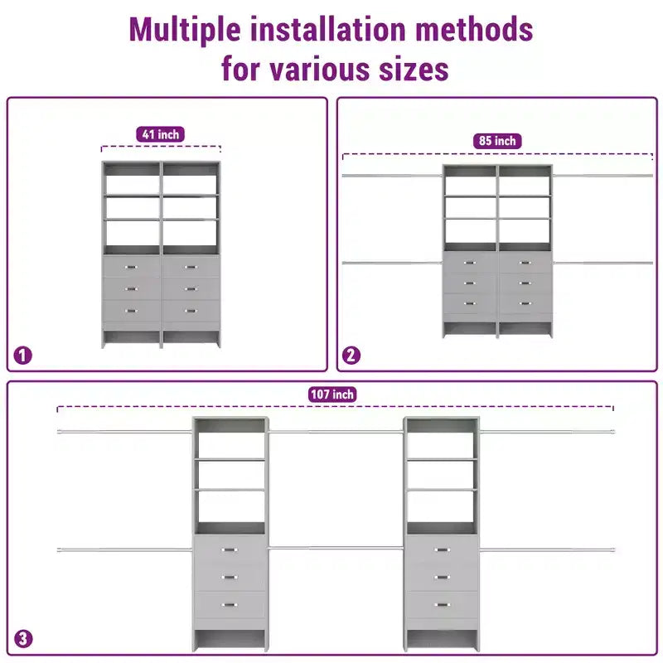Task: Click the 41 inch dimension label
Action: tap(160, 134)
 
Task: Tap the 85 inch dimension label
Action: tap(497, 141)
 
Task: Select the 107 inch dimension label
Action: tap(332, 394)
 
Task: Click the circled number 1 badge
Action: tap(23, 356)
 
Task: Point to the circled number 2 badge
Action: tap(351, 356)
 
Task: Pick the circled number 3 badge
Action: tap(23, 638)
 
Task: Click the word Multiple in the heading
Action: tap(185, 31)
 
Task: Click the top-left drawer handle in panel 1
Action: tap(131, 267)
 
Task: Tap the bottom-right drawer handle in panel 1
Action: tap(191, 312)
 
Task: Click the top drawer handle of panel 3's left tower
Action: tap(230, 549)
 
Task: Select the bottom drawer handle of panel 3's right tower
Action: tap(442, 605)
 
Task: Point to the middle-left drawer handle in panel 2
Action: tap(469, 283)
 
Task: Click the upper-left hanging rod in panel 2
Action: tap(392, 176)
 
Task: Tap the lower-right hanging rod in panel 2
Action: tap(603, 263)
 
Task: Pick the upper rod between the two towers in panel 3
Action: tap(336, 432)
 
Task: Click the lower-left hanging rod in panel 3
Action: tap(125, 549)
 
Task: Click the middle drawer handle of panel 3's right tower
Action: tap(442, 577)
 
